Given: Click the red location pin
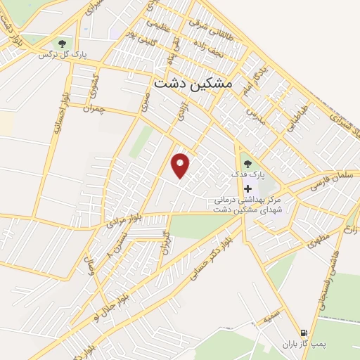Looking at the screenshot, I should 181,165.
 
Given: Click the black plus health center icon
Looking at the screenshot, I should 247,188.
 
